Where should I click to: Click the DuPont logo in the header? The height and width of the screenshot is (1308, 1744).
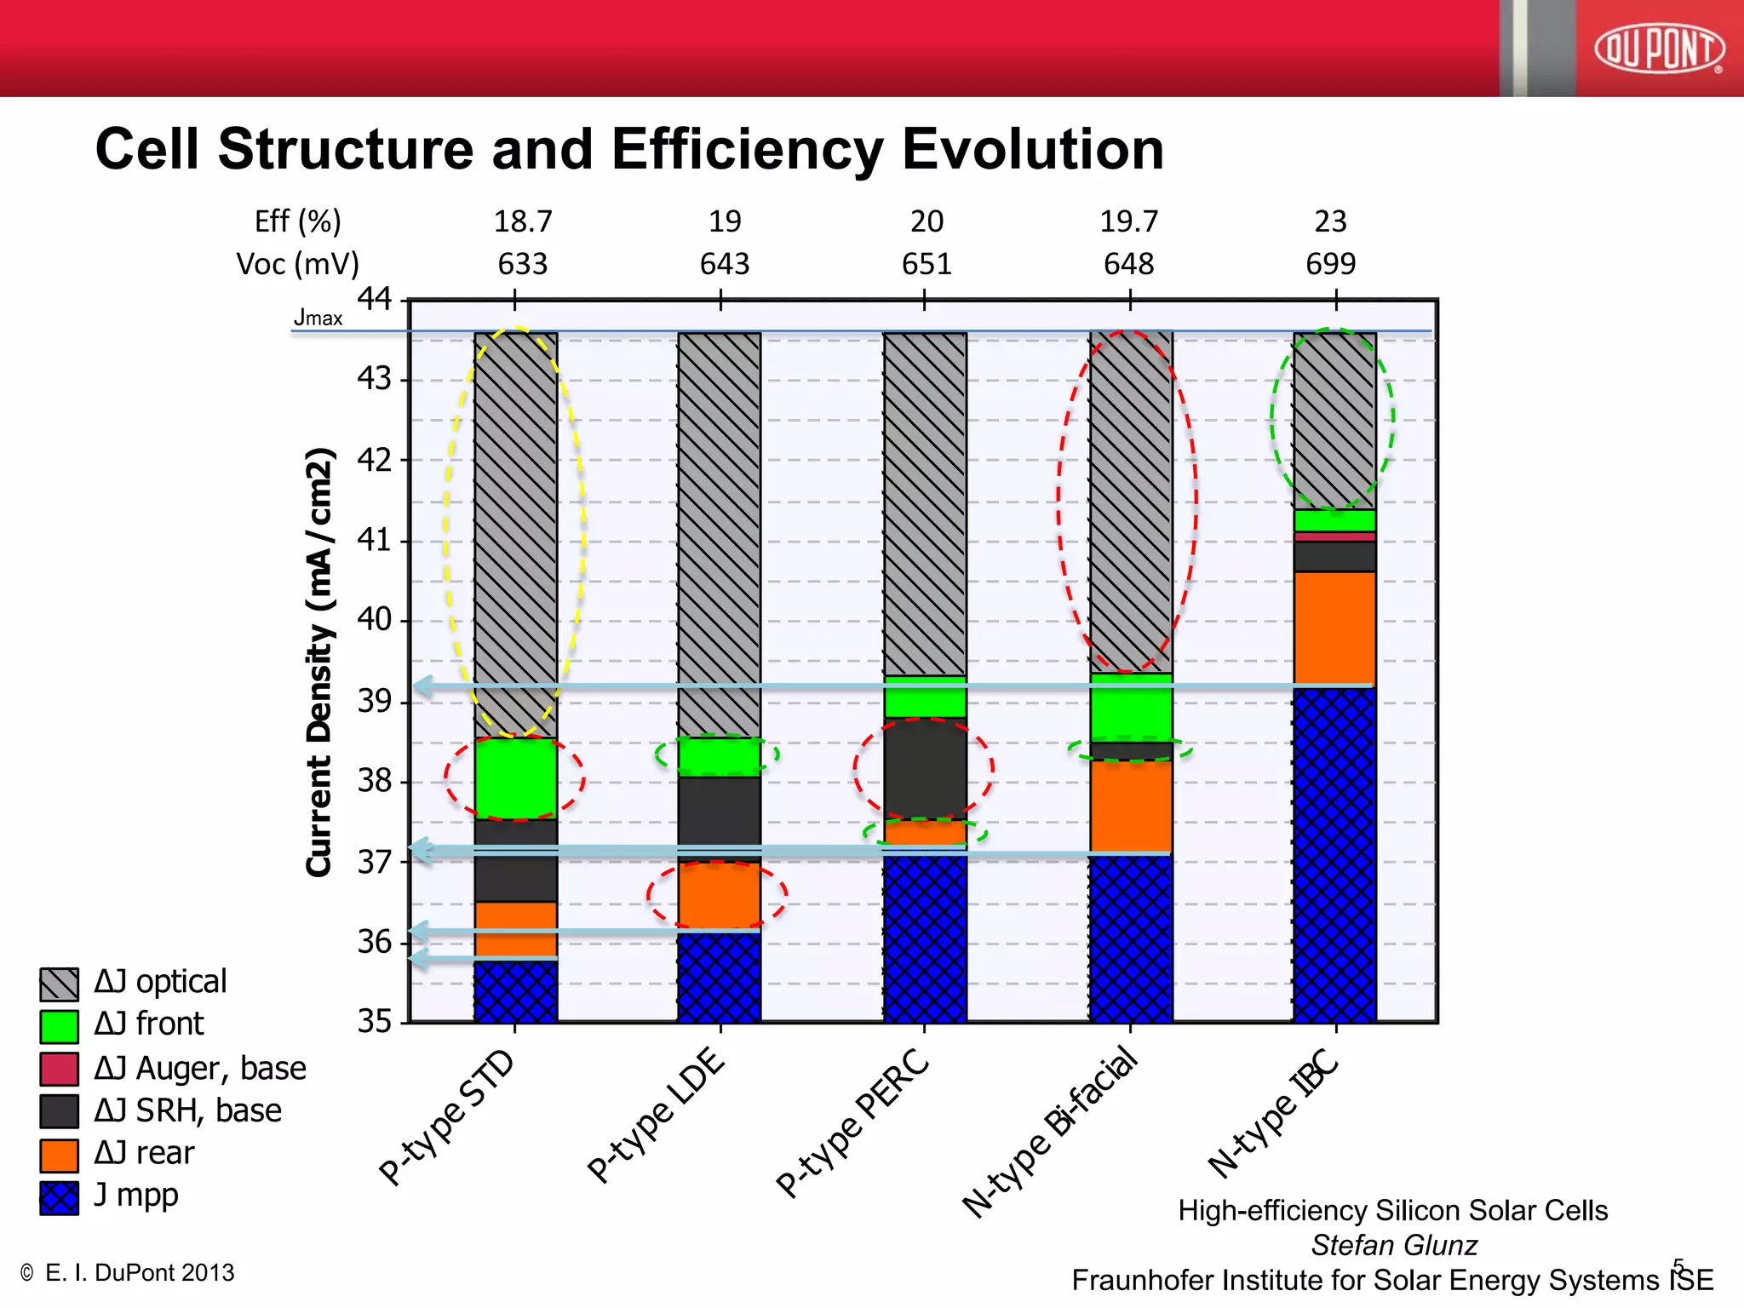1659,49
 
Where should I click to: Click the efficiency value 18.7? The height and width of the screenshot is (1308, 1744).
523,221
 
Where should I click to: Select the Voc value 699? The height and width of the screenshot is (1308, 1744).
1330,264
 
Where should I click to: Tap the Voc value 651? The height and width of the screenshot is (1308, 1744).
926,264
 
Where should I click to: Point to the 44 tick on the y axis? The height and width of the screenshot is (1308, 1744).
375,299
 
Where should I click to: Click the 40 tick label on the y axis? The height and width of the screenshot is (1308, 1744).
375,619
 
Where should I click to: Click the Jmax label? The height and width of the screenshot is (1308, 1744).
318,318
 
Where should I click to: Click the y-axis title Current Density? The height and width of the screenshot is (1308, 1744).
319,662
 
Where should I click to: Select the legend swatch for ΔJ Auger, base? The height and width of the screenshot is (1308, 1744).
60,1069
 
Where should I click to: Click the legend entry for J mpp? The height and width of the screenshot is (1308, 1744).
135,1196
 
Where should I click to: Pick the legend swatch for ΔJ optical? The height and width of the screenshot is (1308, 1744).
60,984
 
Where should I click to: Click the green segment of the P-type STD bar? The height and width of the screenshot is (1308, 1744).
515,778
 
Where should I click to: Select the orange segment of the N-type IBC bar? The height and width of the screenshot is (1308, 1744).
1334,628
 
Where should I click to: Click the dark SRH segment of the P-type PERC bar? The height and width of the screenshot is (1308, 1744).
925,769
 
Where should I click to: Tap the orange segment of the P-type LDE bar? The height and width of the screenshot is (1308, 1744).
720,895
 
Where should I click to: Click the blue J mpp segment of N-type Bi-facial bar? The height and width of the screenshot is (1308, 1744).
1131,938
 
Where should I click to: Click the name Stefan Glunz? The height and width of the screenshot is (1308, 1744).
1393,1246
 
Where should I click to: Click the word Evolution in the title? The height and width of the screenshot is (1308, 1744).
1032,150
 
